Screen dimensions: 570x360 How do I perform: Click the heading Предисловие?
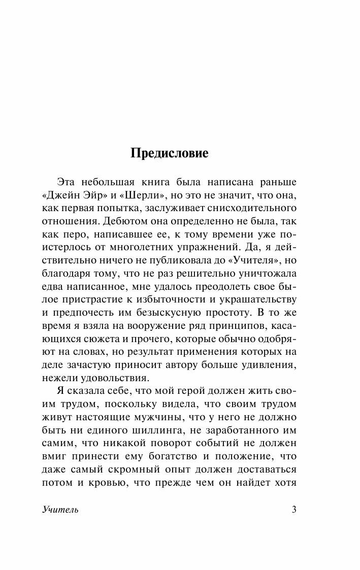click(x=170, y=153)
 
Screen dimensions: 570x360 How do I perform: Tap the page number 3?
click(x=294, y=510)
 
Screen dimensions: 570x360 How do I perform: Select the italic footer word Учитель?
click(x=60, y=510)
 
